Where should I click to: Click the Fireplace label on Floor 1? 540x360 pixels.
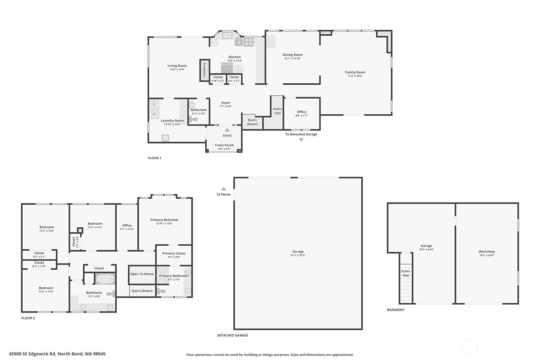[x=205, y=70]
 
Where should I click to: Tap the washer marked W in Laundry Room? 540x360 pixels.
[x=154, y=114]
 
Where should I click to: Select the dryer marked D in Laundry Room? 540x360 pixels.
[x=154, y=105]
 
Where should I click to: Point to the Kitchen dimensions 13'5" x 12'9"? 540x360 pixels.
[x=235, y=61]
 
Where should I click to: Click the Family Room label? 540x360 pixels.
[x=355, y=72]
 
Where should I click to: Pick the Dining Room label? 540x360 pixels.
[x=293, y=55]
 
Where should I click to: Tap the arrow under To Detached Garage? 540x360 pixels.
[x=301, y=140]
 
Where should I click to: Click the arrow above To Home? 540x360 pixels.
[x=224, y=189]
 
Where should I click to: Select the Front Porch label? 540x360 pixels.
[x=224, y=145]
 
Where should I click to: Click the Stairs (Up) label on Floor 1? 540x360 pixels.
[x=277, y=111]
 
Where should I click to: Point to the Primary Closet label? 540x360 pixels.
[x=174, y=253]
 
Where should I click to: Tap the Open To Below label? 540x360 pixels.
[x=142, y=274]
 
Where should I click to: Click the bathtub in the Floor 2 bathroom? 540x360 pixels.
[x=105, y=279]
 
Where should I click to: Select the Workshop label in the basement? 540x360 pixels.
[x=487, y=252]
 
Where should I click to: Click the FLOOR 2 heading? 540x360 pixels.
[x=28, y=318]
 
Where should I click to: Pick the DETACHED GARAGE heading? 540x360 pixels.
[x=233, y=335]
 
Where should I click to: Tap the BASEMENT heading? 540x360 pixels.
[x=396, y=310]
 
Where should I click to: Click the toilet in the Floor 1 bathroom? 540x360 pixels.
[x=193, y=119]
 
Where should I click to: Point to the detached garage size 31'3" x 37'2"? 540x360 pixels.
[x=298, y=255]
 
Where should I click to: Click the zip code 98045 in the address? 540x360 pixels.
[x=99, y=354]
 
